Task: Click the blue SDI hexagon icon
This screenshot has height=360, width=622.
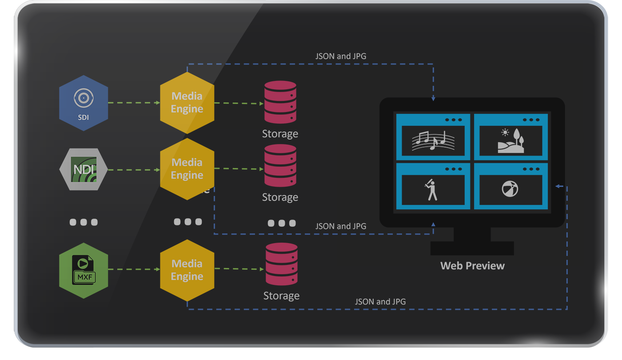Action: point(84,103)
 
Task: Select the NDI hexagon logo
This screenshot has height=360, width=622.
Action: point(84,169)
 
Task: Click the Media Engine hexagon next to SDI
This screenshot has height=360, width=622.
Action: point(187,103)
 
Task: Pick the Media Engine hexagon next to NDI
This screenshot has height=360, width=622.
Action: point(187,169)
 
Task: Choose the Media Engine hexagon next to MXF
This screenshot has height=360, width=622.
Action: point(187,270)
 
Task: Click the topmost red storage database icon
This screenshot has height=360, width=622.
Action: point(280,102)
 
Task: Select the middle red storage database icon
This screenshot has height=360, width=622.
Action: point(280,165)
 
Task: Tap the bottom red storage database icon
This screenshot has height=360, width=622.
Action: point(281,264)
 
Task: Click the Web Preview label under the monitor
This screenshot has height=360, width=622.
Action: point(472,266)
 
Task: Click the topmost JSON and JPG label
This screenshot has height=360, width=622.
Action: point(341,56)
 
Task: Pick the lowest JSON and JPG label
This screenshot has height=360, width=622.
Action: point(380,302)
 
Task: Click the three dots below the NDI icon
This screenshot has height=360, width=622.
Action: point(84,222)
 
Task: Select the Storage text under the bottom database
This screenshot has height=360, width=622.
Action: point(281,296)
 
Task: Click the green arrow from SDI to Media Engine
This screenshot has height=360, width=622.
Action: point(134,103)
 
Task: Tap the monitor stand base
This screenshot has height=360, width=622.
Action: point(472,248)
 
